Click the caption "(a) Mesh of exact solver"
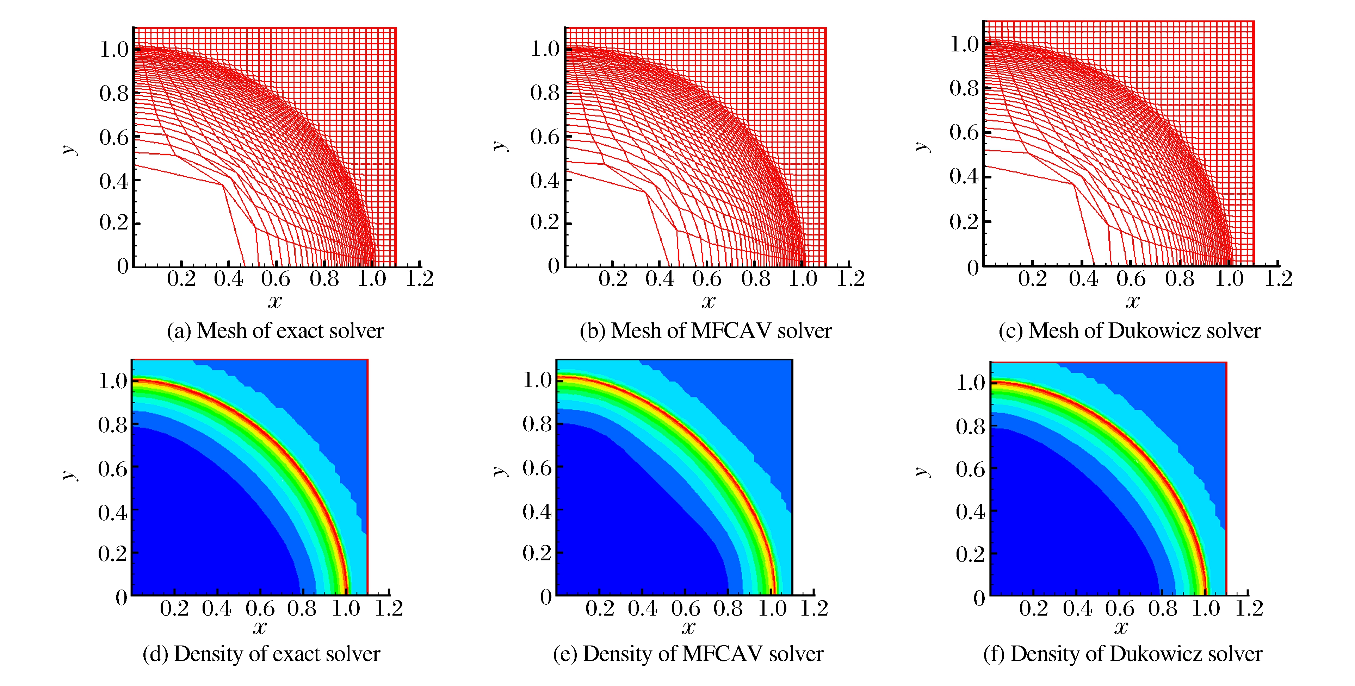click(275, 331)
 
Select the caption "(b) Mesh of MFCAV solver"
click(705, 331)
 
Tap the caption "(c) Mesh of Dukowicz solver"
click(1129, 331)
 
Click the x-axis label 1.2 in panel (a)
click(419, 279)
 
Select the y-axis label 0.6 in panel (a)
click(113, 137)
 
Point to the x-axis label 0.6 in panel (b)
click(706, 279)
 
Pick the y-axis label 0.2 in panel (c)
click(964, 222)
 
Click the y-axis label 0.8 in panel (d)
click(113, 425)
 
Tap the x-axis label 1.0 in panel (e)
click(772, 608)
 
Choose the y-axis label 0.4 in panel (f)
click(970, 511)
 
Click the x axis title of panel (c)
click(1132, 301)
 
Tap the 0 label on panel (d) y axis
click(122, 598)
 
